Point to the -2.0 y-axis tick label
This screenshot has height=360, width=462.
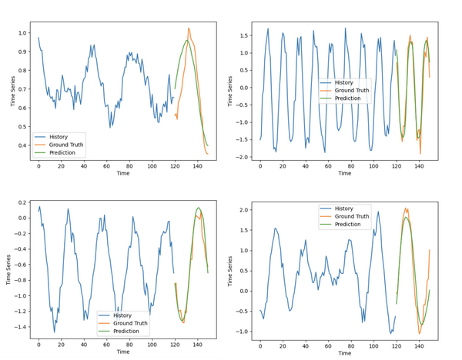[x=244, y=157]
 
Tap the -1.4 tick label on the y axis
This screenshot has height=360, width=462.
[x=17, y=327]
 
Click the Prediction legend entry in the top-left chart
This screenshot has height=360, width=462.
[x=62, y=153]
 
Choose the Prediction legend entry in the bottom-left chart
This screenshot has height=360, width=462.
[x=126, y=331]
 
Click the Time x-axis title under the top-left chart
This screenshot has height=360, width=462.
[x=123, y=174]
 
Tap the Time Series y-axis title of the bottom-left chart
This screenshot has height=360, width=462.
[x=8, y=268]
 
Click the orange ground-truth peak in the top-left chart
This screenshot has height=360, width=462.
[x=189, y=28]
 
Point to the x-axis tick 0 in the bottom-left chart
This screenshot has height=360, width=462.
[x=38, y=343]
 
